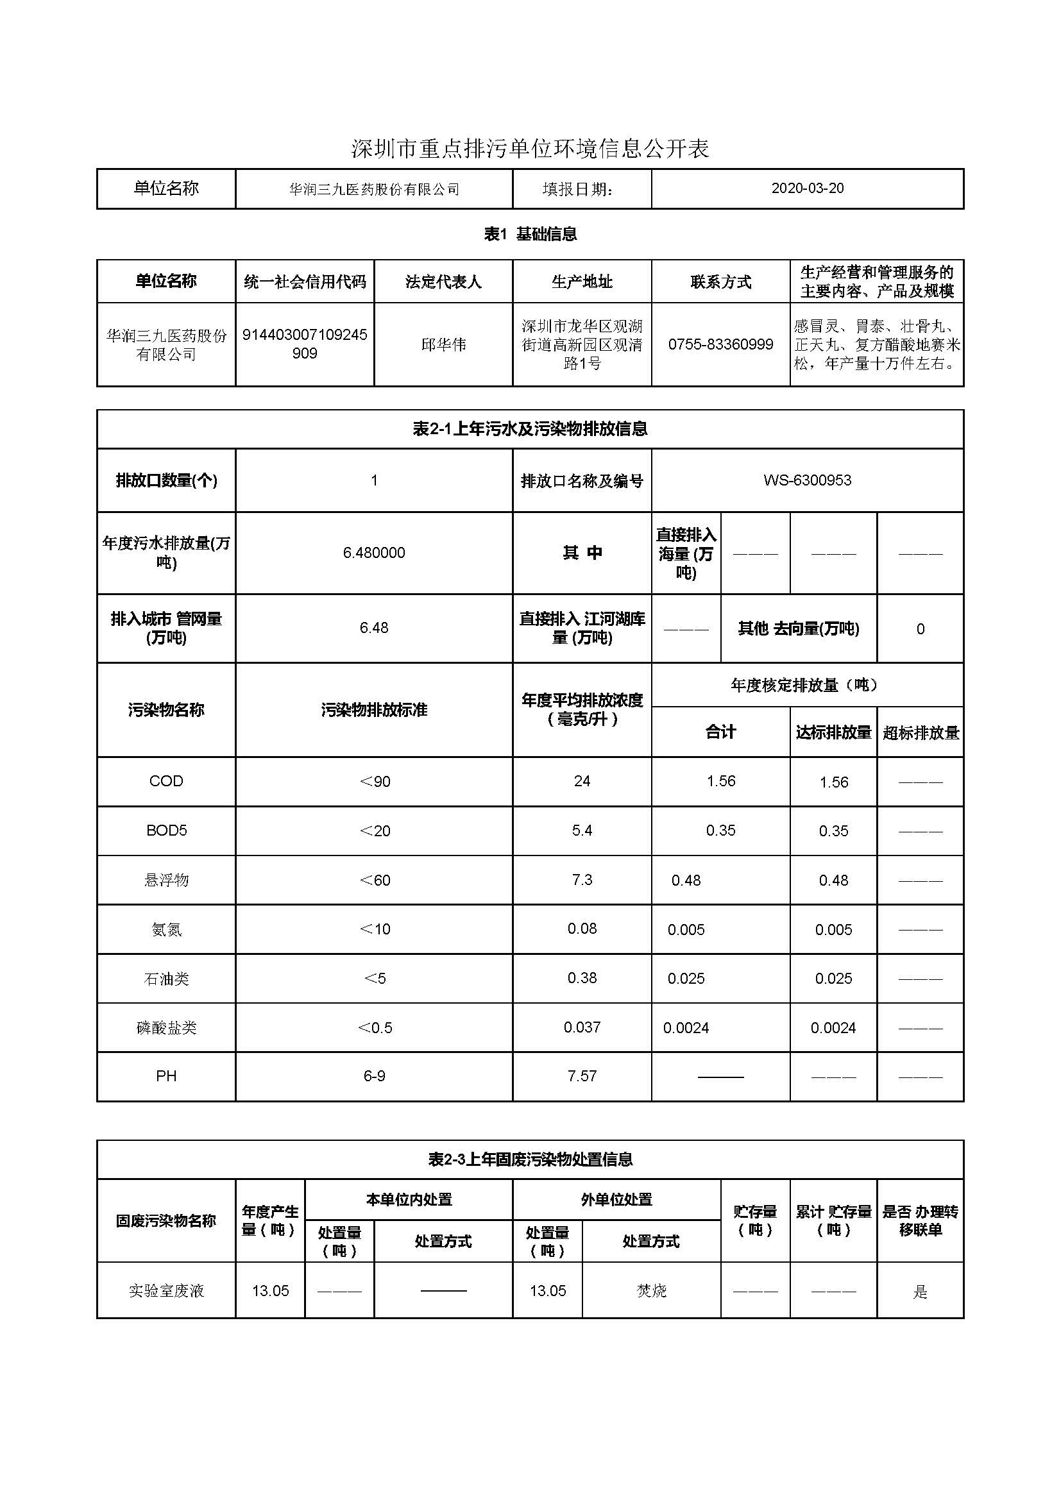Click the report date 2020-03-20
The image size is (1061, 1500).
coord(807,188)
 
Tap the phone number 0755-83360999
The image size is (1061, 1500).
coord(720,344)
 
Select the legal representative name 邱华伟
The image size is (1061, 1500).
coord(443,344)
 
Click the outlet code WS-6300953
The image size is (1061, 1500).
coord(807,480)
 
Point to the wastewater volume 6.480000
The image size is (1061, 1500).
coord(374,553)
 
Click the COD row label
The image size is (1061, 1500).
coord(166,781)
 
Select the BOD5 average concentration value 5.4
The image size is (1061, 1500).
coord(581,830)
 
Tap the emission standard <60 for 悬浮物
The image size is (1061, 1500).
coord(375,880)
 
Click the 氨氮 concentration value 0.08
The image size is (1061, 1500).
coord(581,929)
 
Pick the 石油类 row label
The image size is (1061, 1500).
coord(166,979)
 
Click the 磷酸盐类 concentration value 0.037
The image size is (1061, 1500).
coord(581,1027)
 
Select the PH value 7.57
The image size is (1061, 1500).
coord(581,1076)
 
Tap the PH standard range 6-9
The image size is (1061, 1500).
coord(374,1076)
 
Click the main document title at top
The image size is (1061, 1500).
coord(530,149)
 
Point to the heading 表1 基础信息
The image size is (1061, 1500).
coord(530,234)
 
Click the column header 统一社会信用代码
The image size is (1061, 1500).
coord(305,282)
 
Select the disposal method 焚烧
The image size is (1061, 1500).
coord(650,1291)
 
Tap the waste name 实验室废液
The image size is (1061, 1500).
coord(166,1291)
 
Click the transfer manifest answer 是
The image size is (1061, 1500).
coord(920,1292)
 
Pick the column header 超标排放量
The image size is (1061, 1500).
coord(920,732)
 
